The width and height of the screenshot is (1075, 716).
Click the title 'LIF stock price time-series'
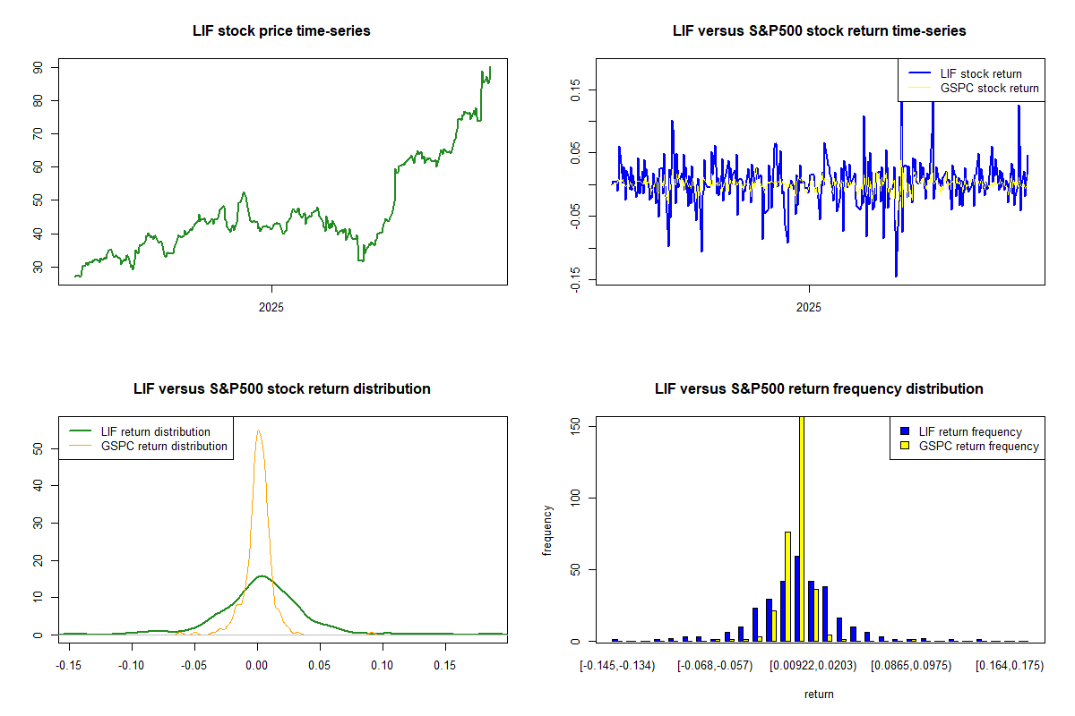click(281, 31)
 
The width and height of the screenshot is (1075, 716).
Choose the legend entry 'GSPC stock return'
click(989, 88)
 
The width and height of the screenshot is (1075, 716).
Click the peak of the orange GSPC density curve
click(258, 430)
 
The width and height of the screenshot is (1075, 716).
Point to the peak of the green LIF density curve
click(261, 575)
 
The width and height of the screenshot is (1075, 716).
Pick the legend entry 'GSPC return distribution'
click(164, 446)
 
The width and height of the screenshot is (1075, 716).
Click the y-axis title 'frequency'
click(547, 530)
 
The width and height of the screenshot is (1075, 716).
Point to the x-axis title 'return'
click(819, 694)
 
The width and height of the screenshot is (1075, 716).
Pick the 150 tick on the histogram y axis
click(575, 426)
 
